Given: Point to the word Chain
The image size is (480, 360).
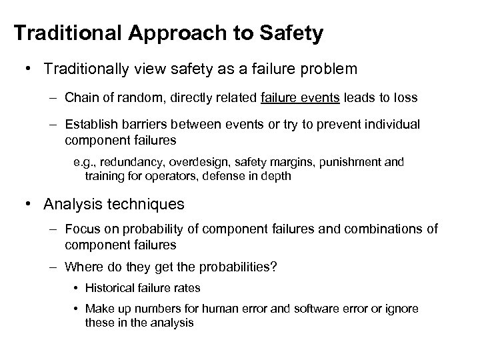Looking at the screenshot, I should click(x=81, y=97).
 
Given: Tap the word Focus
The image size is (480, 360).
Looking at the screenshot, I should click(x=82, y=230).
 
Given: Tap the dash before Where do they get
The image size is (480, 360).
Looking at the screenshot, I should click(x=53, y=267).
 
